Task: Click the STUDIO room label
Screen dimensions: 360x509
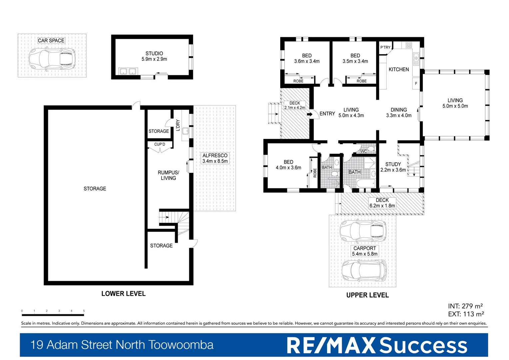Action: pyautogui.click(x=154, y=56)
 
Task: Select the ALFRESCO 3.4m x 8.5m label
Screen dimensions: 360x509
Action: pyautogui.click(x=215, y=158)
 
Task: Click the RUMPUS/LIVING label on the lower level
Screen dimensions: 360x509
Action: pyautogui.click(x=168, y=175)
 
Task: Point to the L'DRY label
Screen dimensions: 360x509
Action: pyautogui.click(x=178, y=125)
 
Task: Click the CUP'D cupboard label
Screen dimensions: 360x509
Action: pyautogui.click(x=160, y=144)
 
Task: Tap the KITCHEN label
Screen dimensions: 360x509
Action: pyautogui.click(x=398, y=69)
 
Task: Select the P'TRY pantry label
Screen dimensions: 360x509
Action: pyautogui.click(x=385, y=47)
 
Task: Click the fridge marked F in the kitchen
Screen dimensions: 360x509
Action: pyautogui.click(x=416, y=83)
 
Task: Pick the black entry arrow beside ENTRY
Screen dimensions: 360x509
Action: pyautogui.click(x=309, y=114)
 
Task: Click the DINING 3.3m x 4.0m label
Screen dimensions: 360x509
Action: pyautogui.click(x=398, y=113)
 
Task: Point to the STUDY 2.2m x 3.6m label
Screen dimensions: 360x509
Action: pyautogui.click(x=393, y=167)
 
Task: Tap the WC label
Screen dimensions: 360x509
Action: pyautogui.click(x=363, y=151)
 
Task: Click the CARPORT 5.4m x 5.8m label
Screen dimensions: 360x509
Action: pyautogui.click(x=364, y=251)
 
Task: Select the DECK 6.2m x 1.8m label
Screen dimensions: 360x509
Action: pyautogui.click(x=382, y=203)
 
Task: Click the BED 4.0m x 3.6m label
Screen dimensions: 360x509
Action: pyautogui.click(x=288, y=165)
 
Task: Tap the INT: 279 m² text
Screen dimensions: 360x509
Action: pyautogui.click(x=465, y=306)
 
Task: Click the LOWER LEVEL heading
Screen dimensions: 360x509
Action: pyautogui.click(x=123, y=294)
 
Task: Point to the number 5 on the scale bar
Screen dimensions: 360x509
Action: pyautogui.click(x=84, y=311)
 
